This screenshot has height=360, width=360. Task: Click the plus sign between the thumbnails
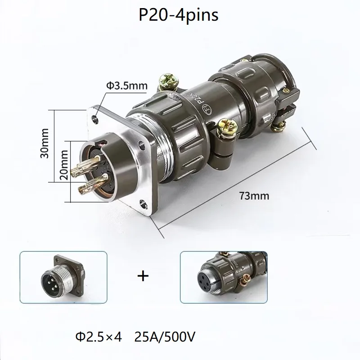point(143,275)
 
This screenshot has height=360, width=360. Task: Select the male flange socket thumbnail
point(63,275)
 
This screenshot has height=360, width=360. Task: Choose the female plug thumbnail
point(222,275)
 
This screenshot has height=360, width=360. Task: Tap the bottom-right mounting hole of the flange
point(144,206)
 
